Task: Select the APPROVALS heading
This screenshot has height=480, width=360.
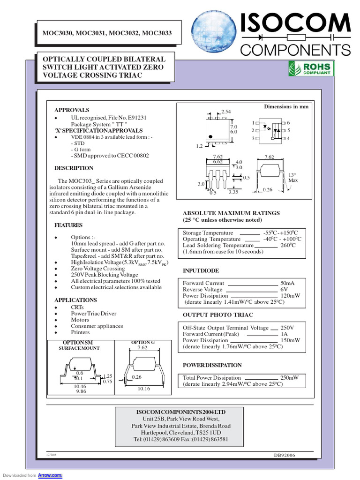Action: click(x=72, y=110)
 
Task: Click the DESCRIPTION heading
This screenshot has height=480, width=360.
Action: click(x=74, y=168)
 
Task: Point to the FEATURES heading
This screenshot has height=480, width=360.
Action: click(x=69, y=225)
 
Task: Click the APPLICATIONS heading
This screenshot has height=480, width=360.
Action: click(x=75, y=300)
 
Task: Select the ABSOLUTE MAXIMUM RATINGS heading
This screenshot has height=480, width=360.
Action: click(x=231, y=213)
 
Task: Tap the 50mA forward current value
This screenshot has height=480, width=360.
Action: click(x=287, y=284)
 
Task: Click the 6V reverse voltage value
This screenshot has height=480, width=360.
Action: click(x=284, y=290)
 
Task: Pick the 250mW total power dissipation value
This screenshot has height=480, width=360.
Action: click(x=290, y=378)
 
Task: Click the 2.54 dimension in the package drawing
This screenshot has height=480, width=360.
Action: click(x=226, y=111)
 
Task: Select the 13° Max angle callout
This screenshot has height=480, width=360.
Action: click(x=293, y=177)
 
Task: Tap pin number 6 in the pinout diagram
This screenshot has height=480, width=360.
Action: click(x=288, y=122)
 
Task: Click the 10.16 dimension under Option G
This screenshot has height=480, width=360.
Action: click(x=143, y=389)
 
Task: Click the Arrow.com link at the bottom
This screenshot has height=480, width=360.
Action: click(x=53, y=475)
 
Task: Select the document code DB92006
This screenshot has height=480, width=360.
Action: click(x=285, y=455)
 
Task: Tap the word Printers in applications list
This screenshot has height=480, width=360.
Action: click(x=81, y=332)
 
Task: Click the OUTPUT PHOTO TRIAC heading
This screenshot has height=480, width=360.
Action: click(x=217, y=315)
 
